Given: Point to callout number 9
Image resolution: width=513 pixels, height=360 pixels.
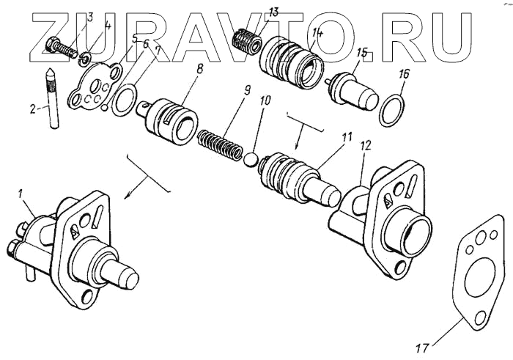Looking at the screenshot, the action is tap(248, 92).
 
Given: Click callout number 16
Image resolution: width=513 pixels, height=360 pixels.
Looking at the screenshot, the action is tap(404, 73).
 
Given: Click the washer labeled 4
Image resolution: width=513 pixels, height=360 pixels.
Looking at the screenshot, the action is tap(86, 56).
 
